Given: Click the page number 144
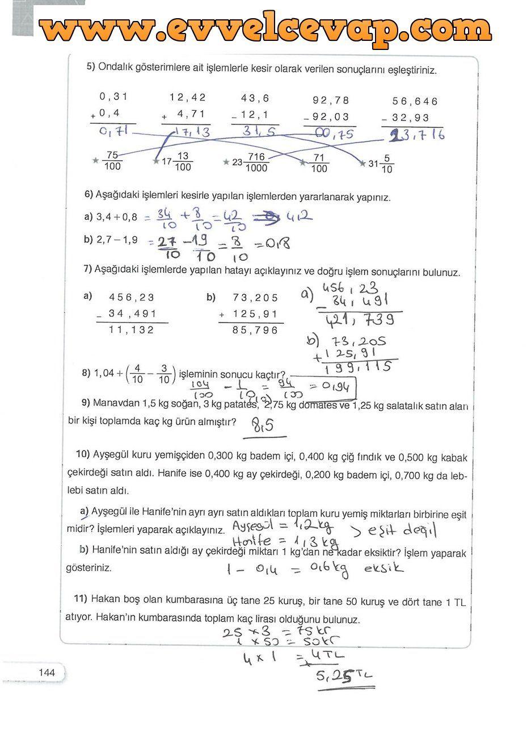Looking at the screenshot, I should [47, 672].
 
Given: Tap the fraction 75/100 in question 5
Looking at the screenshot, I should [112, 161].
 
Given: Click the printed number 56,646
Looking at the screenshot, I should [415, 101].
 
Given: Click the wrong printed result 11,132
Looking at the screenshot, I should [131, 330].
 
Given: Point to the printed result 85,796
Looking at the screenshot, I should [255, 330].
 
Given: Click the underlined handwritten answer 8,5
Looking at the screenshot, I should [262, 425].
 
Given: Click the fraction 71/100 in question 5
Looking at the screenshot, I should [319, 162].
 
